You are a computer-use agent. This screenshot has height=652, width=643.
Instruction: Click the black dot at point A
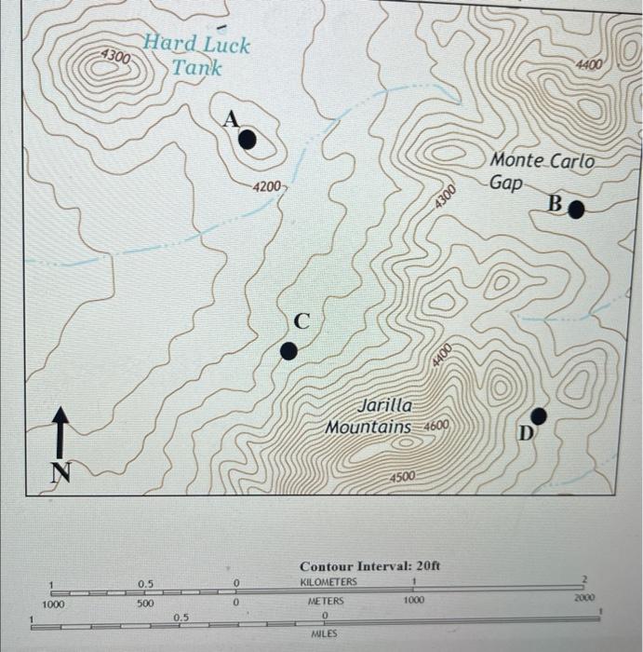tap(247, 140)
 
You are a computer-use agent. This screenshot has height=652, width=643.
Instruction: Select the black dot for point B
tap(576, 210)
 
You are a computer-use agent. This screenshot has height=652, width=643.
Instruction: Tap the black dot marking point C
tap(289, 350)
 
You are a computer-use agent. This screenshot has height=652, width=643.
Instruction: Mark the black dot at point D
tap(538, 415)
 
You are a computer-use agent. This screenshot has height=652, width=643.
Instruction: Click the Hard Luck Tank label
tap(196, 56)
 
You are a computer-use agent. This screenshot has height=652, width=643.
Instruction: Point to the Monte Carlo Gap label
tap(541, 171)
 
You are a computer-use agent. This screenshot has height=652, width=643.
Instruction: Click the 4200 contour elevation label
tap(267, 186)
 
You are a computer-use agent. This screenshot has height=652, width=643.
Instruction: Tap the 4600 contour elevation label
tap(437, 426)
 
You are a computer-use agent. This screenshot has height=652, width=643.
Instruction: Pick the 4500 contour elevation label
tap(404, 477)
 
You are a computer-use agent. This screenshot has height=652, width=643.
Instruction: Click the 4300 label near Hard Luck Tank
tap(116, 56)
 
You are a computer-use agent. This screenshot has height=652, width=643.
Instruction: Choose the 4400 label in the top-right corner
tap(588, 65)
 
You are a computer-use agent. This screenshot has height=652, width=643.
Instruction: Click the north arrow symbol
tap(60, 431)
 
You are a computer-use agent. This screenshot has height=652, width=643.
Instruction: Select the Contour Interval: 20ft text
tap(369, 566)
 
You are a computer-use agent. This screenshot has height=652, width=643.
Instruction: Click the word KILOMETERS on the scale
tap(328, 582)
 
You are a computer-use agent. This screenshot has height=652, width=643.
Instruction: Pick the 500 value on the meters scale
tap(144, 603)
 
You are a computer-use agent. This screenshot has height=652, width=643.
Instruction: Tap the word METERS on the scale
tap(326, 602)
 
